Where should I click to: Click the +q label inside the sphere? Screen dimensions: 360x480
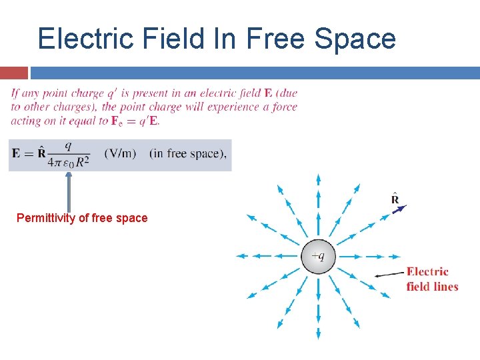[x=319, y=255]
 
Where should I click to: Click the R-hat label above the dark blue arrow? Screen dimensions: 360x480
[x=395, y=199]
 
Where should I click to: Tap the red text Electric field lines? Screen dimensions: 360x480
[x=432, y=279]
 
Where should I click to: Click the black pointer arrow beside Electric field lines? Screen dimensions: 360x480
[x=389, y=273]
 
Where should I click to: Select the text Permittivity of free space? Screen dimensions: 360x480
[x=82, y=218]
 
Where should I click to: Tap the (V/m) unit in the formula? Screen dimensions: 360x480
[x=120, y=153]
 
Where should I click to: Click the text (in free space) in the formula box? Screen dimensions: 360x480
[x=188, y=153]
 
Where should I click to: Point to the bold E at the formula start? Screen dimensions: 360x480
[x=17, y=153]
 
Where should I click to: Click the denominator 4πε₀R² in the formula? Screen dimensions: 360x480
[x=69, y=162]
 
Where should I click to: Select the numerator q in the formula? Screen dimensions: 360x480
[x=69, y=145]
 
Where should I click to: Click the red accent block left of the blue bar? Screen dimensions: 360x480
[x=14, y=73]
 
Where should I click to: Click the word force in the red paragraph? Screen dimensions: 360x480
[x=285, y=107]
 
